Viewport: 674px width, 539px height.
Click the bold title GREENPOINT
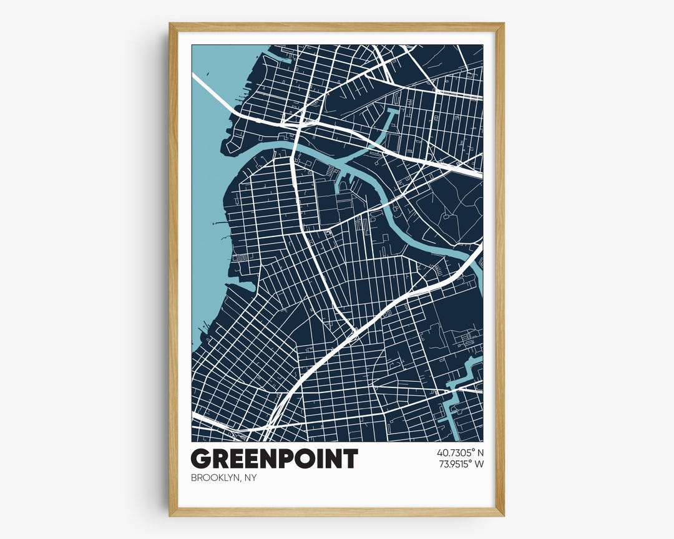point(274,459)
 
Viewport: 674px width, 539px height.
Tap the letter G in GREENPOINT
point(200,459)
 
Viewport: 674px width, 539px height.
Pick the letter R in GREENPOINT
point(219,459)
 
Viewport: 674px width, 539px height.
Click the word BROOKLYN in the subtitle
point(215,478)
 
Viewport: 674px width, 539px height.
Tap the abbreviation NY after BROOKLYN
point(250,478)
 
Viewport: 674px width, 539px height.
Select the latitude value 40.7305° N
point(460,452)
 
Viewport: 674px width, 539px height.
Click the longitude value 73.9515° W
point(460,464)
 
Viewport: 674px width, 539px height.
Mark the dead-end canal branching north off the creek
point(392,122)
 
